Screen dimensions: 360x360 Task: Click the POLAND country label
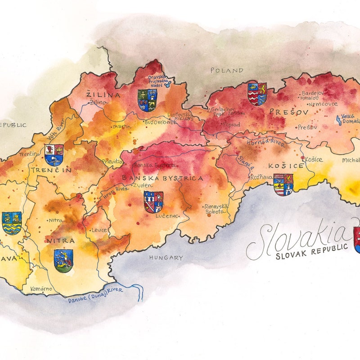click(227, 71)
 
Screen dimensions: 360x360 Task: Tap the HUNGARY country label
click(166, 258)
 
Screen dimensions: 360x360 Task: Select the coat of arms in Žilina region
click(147, 100)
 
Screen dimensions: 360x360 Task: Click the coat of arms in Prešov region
click(257, 94)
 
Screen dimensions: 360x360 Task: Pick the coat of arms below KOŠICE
click(283, 184)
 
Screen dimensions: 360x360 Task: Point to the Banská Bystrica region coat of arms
click(153, 202)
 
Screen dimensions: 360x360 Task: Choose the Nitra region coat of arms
click(63, 261)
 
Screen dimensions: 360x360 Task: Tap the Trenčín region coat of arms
click(54, 155)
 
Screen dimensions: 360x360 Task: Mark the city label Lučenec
click(165, 216)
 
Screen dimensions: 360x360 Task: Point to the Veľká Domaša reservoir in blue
click(338, 120)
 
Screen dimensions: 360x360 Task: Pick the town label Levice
click(99, 230)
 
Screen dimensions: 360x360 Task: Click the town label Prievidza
click(112, 162)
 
